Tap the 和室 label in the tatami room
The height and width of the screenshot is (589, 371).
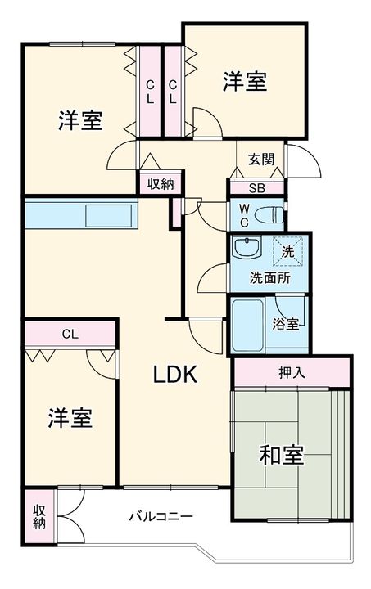[283, 455]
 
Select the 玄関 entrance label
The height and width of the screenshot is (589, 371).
[262, 160]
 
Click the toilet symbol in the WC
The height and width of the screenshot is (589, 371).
[269, 214]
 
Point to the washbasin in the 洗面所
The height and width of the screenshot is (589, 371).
[244, 248]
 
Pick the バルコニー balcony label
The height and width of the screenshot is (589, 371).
[161, 517]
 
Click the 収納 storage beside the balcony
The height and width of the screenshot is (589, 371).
[39, 517]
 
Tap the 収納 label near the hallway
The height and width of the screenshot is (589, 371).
[161, 184]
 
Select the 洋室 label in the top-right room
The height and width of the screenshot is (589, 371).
[244, 83]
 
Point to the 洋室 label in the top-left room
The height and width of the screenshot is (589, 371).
[79, 120]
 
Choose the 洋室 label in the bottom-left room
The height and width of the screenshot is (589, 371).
[70, 418]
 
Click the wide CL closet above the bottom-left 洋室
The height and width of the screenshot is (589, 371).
[70, 334]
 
